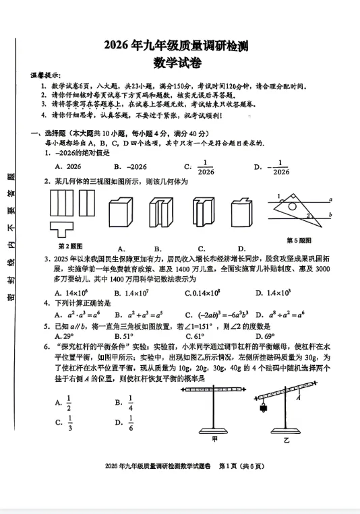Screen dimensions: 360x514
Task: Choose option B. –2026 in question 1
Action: tap(129, 166)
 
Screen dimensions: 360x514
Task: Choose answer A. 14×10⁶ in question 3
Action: tap(71, 292)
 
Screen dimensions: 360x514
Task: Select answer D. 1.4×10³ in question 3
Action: tap(272, 292)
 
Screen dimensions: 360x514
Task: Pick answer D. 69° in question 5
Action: tap(262, 335)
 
